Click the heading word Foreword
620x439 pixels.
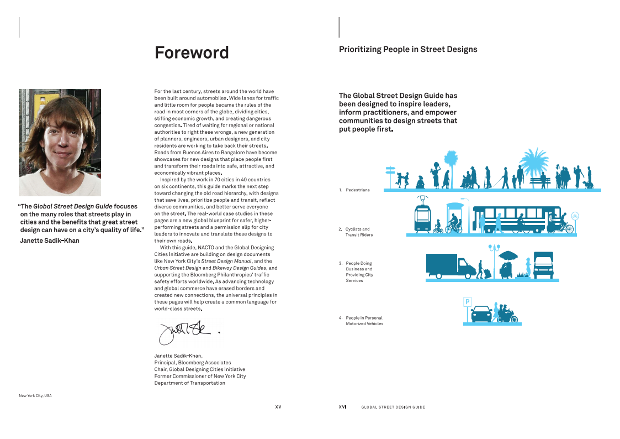[x=192, y=53]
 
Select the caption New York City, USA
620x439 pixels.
[x=35, y=396]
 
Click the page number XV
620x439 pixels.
[x=278, y=407]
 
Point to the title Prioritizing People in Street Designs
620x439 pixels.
[x=408, y=49]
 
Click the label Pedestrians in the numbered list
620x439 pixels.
[x=358, y=190]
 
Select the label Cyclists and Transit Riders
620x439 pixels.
[x=358, y=232]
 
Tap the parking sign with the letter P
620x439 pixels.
[x=467, y=302]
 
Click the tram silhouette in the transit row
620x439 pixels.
[x=423, y=215]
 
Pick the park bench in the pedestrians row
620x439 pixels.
[x=540, y=179]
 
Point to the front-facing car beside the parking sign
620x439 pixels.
[x=481, y=314]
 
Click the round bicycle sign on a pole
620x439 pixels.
[x=575, y=216]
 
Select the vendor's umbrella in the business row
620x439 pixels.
[x=508, y=255]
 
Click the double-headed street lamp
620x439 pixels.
[x=494, y=248]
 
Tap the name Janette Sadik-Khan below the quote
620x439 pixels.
[x=50, y=241]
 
